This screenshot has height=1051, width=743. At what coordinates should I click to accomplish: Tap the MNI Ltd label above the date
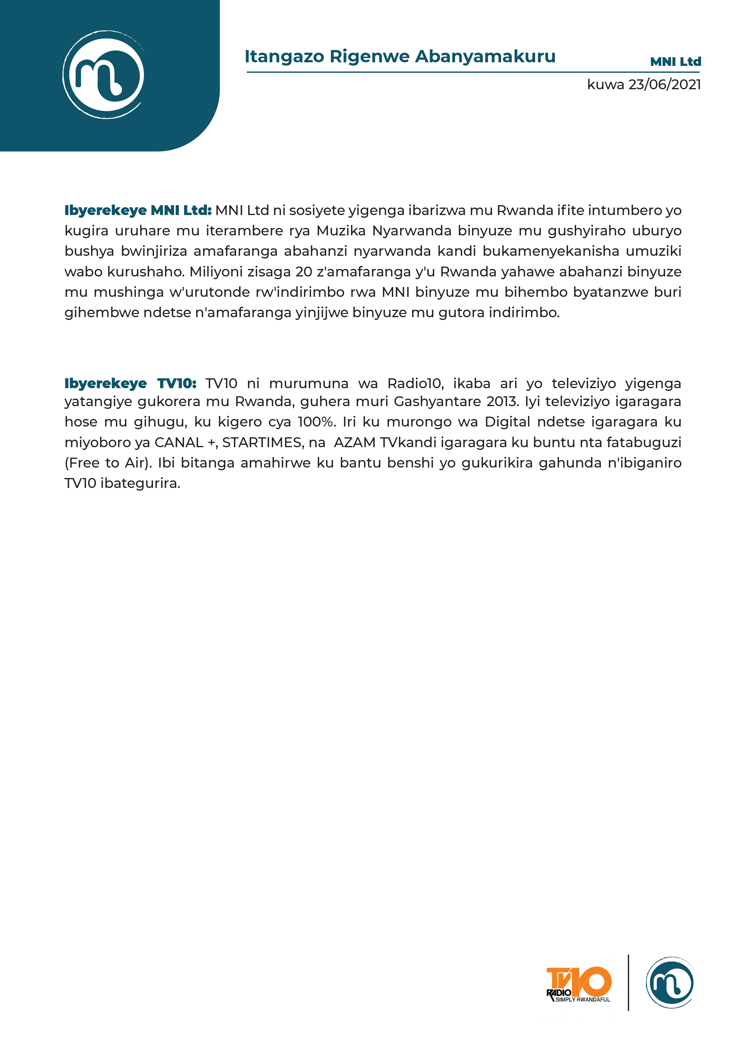coord(675,62)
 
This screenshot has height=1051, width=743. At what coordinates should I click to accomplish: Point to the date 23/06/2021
coord(664,85)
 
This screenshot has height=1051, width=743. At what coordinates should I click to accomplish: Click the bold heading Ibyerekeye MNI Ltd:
coord(138,211)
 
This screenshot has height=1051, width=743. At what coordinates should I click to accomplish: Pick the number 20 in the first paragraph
coord(303,272)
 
